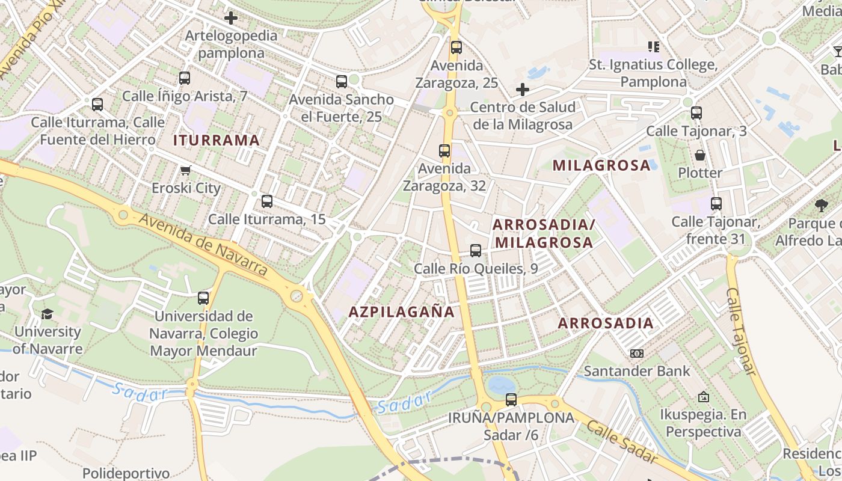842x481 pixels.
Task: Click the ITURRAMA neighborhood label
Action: coord(217,141)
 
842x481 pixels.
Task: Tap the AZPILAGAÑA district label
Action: coord(402,312)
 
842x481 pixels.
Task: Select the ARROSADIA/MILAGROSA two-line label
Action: coord(543,233)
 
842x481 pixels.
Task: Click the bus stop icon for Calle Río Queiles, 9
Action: coord(476,251)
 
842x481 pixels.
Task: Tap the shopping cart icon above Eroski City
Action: coord(186,170)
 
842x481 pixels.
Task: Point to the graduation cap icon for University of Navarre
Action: coord(47,314)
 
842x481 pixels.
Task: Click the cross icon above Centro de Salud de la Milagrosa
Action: coord(523,90)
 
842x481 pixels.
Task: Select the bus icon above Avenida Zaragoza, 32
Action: coord(444,151)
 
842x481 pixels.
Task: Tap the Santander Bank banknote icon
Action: coord(637,354)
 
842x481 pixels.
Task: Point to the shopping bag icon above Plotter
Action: coord(700,155)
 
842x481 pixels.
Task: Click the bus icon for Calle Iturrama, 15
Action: coord(267,201)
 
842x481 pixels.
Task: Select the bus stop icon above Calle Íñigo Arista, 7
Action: coord(185,78)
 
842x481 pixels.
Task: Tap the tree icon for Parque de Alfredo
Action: coord(821,206)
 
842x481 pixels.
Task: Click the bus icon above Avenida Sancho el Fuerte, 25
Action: coord(342,82)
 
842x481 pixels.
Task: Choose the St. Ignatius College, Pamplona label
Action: coord(653,73)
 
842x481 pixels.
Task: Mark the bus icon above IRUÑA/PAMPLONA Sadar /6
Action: coord(511,399)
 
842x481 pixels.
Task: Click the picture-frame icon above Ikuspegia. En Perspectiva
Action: coord(703,397)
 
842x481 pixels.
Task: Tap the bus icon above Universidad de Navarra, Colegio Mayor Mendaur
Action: coord(203,298)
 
